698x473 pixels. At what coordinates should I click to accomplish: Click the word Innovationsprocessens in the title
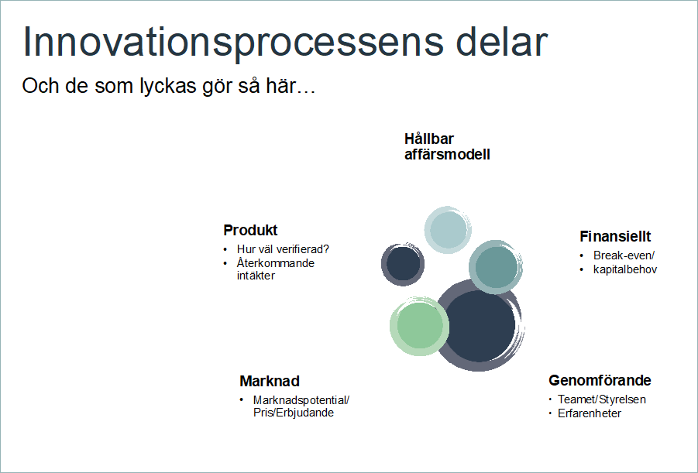pos(233,43)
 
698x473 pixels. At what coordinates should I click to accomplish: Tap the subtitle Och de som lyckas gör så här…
pos(169,86)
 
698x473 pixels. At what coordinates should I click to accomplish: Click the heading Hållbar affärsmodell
pos(447,146)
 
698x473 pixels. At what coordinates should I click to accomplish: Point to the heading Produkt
pos(250,230)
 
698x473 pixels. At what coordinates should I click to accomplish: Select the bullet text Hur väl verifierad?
pos(283,249)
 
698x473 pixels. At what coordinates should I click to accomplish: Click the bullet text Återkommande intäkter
pos(276,269)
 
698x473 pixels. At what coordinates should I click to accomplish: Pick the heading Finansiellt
pos(615,236)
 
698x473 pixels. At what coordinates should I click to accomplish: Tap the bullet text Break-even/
pos(624,255)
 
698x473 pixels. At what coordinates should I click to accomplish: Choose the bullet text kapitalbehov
pos(625,269)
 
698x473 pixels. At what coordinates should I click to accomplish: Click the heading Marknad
pos(270,382)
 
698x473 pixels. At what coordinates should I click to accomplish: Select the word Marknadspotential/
pos(301,400)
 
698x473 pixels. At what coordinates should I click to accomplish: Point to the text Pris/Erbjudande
pos(294,413)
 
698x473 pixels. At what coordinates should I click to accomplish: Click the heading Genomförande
pos(600,380)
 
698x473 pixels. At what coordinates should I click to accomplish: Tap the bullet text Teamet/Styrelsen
pos(602,399)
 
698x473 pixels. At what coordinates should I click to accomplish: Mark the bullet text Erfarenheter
pos(590,413)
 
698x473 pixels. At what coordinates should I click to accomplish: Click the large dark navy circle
pos(479,325)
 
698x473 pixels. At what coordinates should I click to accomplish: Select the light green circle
pos(419,326)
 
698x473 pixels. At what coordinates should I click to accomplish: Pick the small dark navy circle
pos(403,264)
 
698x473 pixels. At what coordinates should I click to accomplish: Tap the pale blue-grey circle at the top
pos(448,230)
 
